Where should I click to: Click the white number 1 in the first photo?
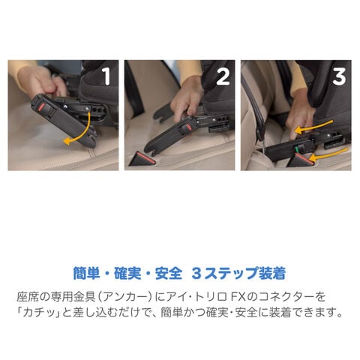(106, 76)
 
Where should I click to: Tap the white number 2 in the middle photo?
(223, 76)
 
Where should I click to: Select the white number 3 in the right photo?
(339, 76)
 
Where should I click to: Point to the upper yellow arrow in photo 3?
(313, 126)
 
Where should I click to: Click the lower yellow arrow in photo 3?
(328, 154)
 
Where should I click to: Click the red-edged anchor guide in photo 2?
(142, 159)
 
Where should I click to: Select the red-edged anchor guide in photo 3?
(300, 160)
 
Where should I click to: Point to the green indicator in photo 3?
(297, 149)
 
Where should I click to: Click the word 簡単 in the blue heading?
(86, 273)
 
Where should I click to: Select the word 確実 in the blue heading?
(127, 273)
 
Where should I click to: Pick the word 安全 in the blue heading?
(169, 273)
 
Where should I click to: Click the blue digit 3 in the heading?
(196, 274)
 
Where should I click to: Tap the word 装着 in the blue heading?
(273, 273)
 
